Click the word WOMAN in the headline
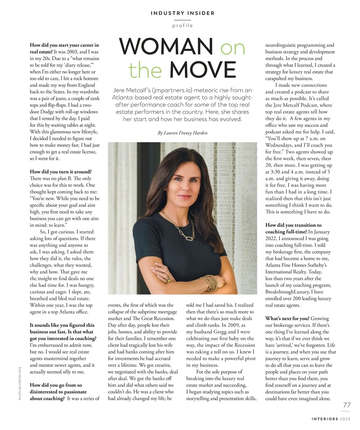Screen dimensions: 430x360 pyautogui.click(x=166, y=47)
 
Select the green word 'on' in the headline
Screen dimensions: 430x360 pyautogui.click(x=232, y=47)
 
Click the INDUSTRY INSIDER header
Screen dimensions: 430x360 pyautogui.click(x=182, y=13)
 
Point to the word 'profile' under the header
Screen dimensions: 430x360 pyautogui.click(x=182, y=26)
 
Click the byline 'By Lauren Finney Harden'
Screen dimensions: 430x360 pyautogui.click(x=182, y=133)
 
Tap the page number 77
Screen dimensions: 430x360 pyautogui.click(x=346, y=405)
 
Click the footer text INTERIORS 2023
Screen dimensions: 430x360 pyautogui.click(x=331, y=419)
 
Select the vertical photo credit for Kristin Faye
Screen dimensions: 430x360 pyautogui.click(x=20, y=383)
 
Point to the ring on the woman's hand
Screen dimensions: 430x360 pyautogui.click(x=169, y=280)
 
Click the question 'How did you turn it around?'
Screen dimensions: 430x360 pyautogui.click(x=61, y=172)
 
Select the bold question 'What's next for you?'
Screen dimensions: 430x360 pyautogui.click(x=287, y=318)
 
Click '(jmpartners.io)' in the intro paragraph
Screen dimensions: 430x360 pyautogui.click(x=171, y=90)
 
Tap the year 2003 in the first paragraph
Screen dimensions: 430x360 pyautogui.click(x=72, y=52)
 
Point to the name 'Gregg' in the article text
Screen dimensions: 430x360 pyautogui.click(x=220, y=332)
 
